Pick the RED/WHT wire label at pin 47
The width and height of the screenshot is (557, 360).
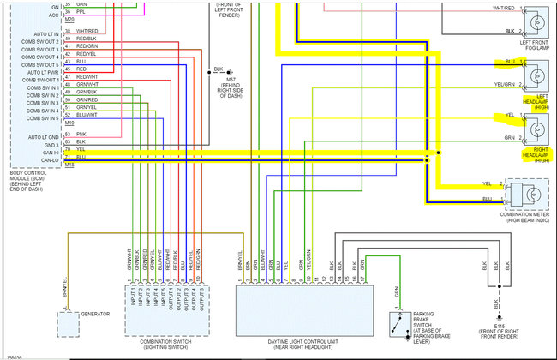coord(85,78)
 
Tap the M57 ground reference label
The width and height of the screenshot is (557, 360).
coord(217,86)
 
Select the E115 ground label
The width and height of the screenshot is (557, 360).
coord(500,326)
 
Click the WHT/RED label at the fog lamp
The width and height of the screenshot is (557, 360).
coord(503,8)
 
